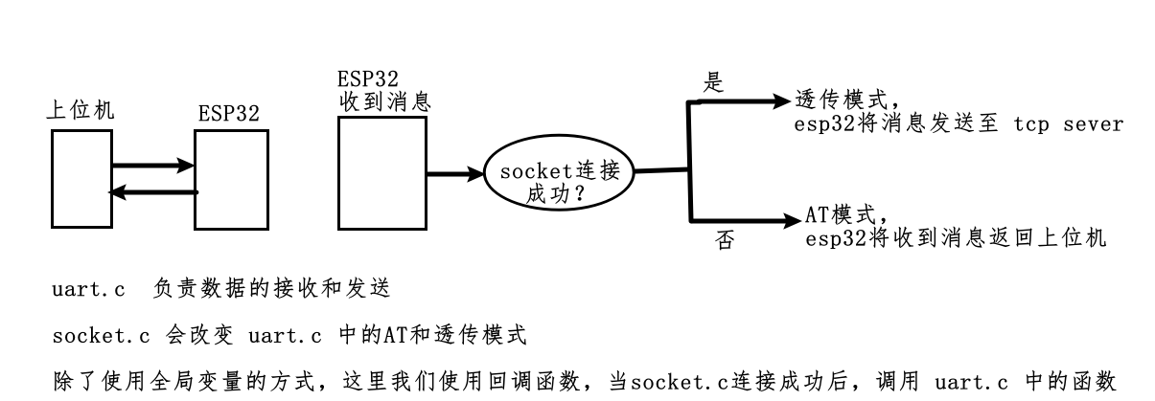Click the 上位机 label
pyautogui.click(x=81, y=110)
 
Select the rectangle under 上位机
pyautogui.click(x=81, y=180)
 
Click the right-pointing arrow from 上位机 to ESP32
pyautogui.click(x=153, y=166)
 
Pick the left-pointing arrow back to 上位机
pyautogui.click(x=153, y=192)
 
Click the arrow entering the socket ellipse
pyautogui.click(x=456, y=174)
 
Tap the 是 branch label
pyautogui.click(x=713, y=83)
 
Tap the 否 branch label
pyautogui.click(x=726, y=240)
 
